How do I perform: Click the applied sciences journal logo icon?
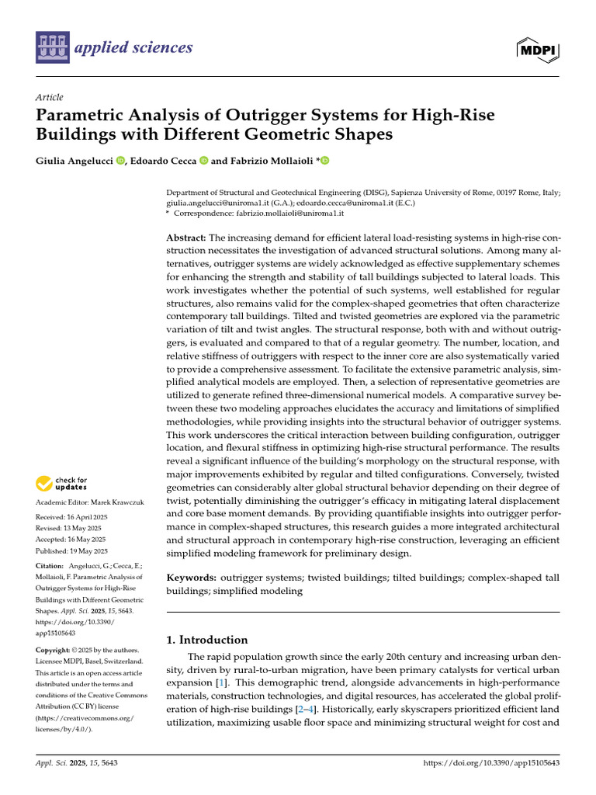tap(51, 48)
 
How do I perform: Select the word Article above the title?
tap(49, 97)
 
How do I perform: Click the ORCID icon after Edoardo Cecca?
tap(203, 161)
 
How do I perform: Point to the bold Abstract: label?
tap(186, 238)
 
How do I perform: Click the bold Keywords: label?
tap(192, 578)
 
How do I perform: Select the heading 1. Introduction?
tap(207, 640)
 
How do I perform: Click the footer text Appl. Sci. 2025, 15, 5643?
tap(75, 764)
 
